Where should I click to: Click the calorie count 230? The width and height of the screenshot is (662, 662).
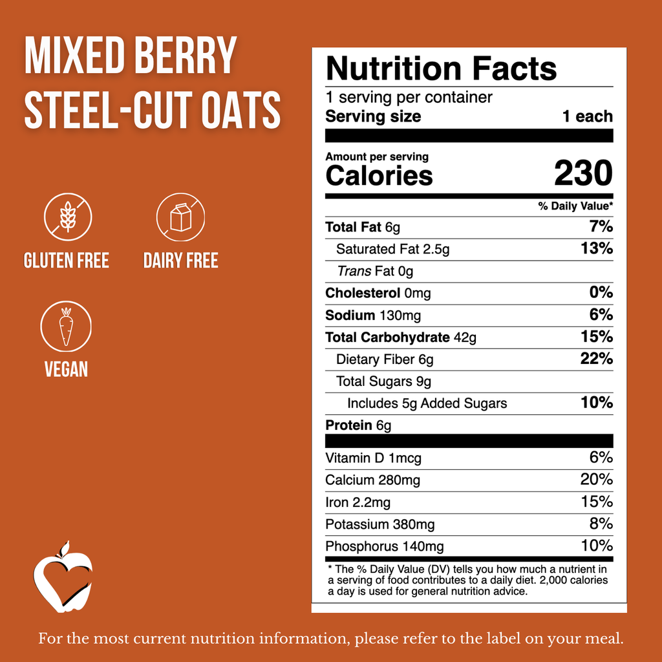pos(582,173)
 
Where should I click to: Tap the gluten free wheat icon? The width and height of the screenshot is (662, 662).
pos(68,217)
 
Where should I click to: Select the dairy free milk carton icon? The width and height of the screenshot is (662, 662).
pos(180,217)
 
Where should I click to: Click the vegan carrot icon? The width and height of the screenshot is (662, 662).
pos(66,326)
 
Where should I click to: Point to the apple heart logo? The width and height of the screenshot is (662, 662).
pos(62,577)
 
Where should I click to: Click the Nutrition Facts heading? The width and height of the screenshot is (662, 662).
pos(441,69)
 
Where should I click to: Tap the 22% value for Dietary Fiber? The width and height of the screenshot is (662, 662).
pos(596,359)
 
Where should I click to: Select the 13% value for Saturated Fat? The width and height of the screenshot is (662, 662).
pos(596,249)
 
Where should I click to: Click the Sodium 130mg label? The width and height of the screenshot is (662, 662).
pos(373,315)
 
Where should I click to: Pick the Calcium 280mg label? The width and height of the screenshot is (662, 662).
pos(372,480)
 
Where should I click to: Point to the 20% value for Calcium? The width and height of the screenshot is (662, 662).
pos(596,480)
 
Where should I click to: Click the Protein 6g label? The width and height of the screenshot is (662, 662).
pos(358,425)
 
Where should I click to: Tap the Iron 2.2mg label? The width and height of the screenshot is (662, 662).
pos(358,502)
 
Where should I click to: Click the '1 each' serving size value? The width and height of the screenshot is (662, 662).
pos(588,117)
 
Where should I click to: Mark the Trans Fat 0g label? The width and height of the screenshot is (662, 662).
pos(375,272)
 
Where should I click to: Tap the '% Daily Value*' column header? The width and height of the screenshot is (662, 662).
pos(575,206)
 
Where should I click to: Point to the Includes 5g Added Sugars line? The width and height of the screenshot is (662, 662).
pos(427,403)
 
